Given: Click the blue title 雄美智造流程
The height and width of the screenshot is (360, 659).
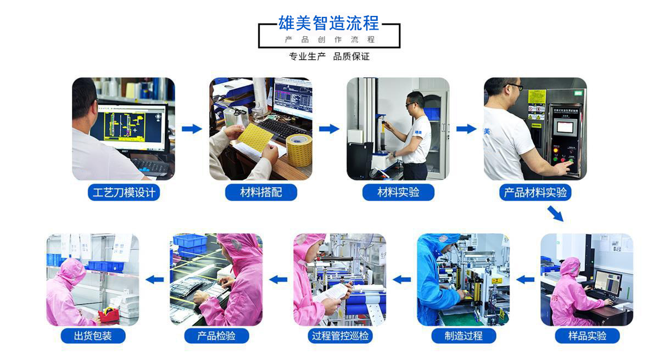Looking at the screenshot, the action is tap(328, 23).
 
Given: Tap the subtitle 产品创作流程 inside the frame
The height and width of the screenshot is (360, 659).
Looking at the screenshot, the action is tap(329, 40).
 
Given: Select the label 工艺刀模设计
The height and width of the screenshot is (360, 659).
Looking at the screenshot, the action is tap(124, 193).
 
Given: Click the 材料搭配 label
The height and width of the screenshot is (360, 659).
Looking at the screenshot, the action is tap(261, 193).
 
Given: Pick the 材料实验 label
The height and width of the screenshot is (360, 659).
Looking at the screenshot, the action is tap(398, 193).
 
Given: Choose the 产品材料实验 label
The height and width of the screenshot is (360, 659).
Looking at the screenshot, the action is tap(535, 193).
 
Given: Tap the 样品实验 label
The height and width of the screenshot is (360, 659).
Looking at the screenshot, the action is tap(587, 336).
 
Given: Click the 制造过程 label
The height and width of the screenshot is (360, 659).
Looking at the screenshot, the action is tap(463, 336).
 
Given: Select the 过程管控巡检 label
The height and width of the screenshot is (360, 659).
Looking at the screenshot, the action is tap(340, 336).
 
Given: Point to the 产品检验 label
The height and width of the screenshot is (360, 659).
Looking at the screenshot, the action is tap(216, 336).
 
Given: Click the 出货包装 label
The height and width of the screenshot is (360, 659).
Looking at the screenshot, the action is tap(93, 336).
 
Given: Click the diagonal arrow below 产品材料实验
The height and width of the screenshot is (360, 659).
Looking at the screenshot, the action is tap(555, 213).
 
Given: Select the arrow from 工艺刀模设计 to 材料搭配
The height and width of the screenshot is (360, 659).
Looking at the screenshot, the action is tap(192, 129).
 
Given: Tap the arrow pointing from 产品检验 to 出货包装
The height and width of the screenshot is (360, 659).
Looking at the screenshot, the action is tap(155, 279).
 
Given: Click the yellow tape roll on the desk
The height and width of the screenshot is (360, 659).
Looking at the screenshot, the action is tap(299, 150).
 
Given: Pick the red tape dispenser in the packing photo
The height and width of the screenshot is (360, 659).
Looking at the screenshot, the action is tap(109, 315).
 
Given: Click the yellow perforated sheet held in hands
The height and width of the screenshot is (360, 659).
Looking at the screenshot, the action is tap(255, 137).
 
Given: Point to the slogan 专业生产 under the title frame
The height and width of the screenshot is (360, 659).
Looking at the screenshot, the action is tap(307, 57).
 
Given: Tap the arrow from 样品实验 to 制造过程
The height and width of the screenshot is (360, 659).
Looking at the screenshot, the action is tap(526, 279).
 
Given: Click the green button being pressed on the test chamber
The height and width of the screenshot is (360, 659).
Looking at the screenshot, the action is tap(571, 161).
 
